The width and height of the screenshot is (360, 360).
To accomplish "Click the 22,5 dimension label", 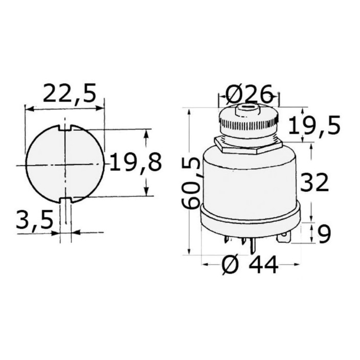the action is (x=69, y=93).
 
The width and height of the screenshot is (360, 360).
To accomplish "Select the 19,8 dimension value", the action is (x=136, y=163).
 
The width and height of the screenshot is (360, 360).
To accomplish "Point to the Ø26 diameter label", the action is (x=249, y=94).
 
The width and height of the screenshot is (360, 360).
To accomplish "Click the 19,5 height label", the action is (x=314, y=125).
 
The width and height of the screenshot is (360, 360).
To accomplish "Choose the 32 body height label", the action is (x=314, y=183).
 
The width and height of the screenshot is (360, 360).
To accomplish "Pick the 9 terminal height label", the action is (x=324, y=234).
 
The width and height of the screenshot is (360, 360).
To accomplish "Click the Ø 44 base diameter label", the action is (x=250, y=265).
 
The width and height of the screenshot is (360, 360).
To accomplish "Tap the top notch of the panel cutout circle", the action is (x=65, y=128).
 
